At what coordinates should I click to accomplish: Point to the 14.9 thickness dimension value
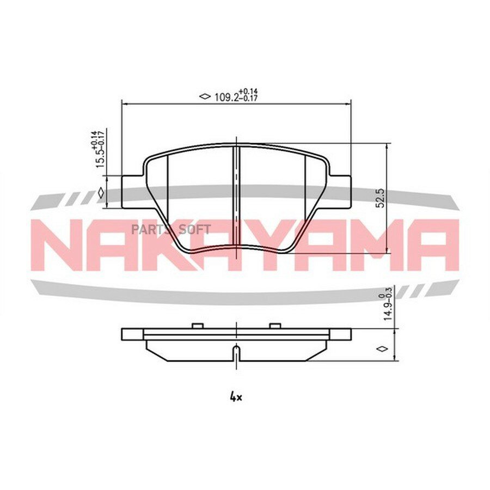tap(388, 309)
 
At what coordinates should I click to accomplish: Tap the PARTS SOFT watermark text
tap(171, 230)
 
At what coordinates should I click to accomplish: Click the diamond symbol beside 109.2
tap(205, 96)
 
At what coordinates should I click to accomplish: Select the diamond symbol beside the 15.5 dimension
tap(101, 193)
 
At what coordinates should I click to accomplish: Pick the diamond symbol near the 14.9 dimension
tap(382, 348)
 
